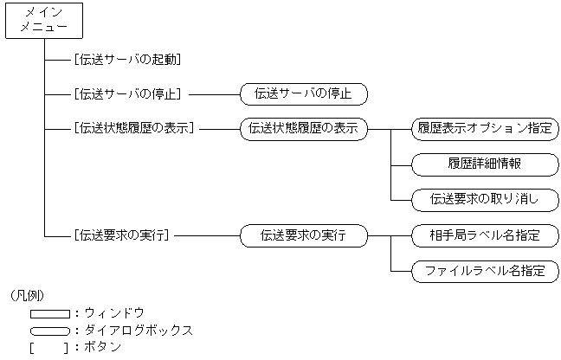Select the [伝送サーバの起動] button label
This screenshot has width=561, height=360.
(127, 60)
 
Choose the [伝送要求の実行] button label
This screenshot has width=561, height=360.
(121, 235)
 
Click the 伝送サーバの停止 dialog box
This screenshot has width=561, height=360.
(303, 93)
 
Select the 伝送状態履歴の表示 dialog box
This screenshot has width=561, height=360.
(303, 128)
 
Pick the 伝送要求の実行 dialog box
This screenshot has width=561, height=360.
(303, 235)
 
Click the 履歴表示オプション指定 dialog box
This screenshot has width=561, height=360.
(485, 128)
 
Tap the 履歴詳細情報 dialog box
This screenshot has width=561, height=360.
(485, 164)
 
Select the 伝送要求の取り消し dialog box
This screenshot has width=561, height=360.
(485, 199)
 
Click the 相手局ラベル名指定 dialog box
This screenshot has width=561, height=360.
(485, 235)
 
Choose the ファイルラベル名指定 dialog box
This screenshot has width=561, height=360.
(485, 270)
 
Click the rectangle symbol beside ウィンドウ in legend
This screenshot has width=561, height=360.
(49, 313)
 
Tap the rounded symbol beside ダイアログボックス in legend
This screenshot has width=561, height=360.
(49, 331)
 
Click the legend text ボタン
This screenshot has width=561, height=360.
(103, 347)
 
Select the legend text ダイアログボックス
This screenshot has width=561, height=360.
(139, 331)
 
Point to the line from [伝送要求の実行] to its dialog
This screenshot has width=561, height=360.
(206, 235)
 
